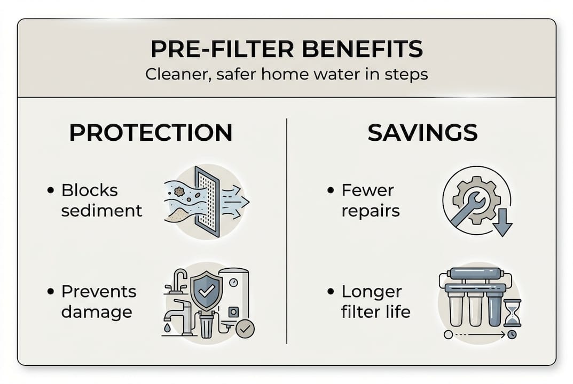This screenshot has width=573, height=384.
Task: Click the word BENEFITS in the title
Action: point(363,50)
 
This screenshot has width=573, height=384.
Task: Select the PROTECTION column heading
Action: point(151,133)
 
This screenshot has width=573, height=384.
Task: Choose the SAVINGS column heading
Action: point(422,133)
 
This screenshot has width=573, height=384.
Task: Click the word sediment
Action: point(101,210)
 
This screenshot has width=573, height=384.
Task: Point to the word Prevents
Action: point(99,292)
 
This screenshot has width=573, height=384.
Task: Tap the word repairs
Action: point(371,210)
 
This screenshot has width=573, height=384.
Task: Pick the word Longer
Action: point(372,292)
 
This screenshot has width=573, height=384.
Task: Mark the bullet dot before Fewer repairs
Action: point(331,190)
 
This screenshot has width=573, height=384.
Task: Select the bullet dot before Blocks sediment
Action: point(51,190)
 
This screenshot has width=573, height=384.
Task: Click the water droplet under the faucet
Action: point(168,329)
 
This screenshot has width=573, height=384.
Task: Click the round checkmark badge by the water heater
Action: point(245,329)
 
